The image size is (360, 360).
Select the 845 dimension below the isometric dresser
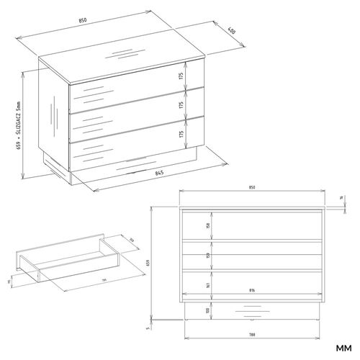tap(160, 173)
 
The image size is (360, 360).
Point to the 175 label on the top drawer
tap(182, 76)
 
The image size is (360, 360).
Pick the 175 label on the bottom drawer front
tap(182, 135)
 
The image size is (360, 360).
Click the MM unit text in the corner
tap(343, 350)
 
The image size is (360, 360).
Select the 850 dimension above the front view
tap(252, 188)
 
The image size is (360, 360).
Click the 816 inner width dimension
tap(251, 292)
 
